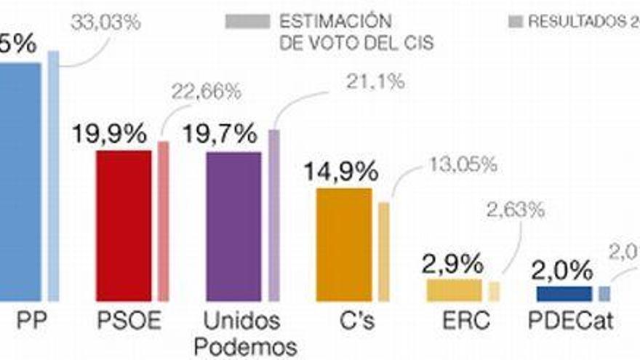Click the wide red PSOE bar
124,225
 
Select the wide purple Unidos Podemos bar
233,226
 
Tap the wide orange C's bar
344,244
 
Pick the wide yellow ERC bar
454,289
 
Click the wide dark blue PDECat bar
564,293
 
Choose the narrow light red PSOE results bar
164,221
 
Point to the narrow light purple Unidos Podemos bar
273,215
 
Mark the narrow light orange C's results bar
383,252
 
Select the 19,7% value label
220,135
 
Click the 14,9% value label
340,172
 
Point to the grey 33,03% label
105,23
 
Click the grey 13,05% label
463,164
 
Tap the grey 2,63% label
515,211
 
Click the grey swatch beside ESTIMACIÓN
247,21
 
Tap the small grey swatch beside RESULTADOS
514,22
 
